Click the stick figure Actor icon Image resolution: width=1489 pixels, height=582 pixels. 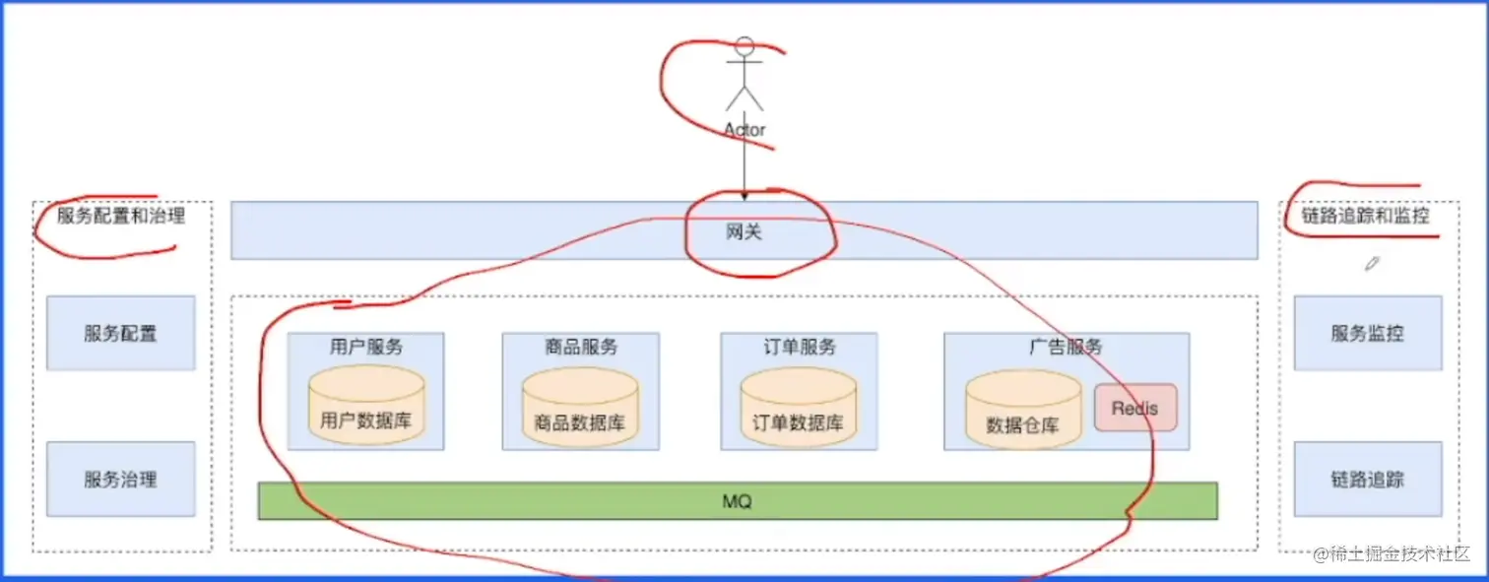point(744,75)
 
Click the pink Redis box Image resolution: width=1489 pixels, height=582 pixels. point(1135,408)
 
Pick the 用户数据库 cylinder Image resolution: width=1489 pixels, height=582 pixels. point(366,406)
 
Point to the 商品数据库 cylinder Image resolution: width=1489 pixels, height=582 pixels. point(580,408)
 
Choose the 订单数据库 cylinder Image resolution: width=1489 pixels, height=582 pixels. point(799,408)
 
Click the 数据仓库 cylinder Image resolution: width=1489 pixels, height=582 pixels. point(1023,411)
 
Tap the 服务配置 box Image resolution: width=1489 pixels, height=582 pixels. point(120,333)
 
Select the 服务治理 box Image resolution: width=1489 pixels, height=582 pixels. point(120,480)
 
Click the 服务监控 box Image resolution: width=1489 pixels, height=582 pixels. point(1367,333)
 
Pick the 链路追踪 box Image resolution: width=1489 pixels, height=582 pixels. point(1367,480)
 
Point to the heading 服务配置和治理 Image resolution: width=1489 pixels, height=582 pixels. point(120,216)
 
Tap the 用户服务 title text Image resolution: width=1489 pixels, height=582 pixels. point(366,347)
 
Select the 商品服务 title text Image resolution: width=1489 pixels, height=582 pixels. point(581,347)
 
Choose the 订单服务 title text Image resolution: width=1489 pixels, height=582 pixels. point(799,347)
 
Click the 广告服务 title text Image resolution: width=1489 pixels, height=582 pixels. point(1066,347)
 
